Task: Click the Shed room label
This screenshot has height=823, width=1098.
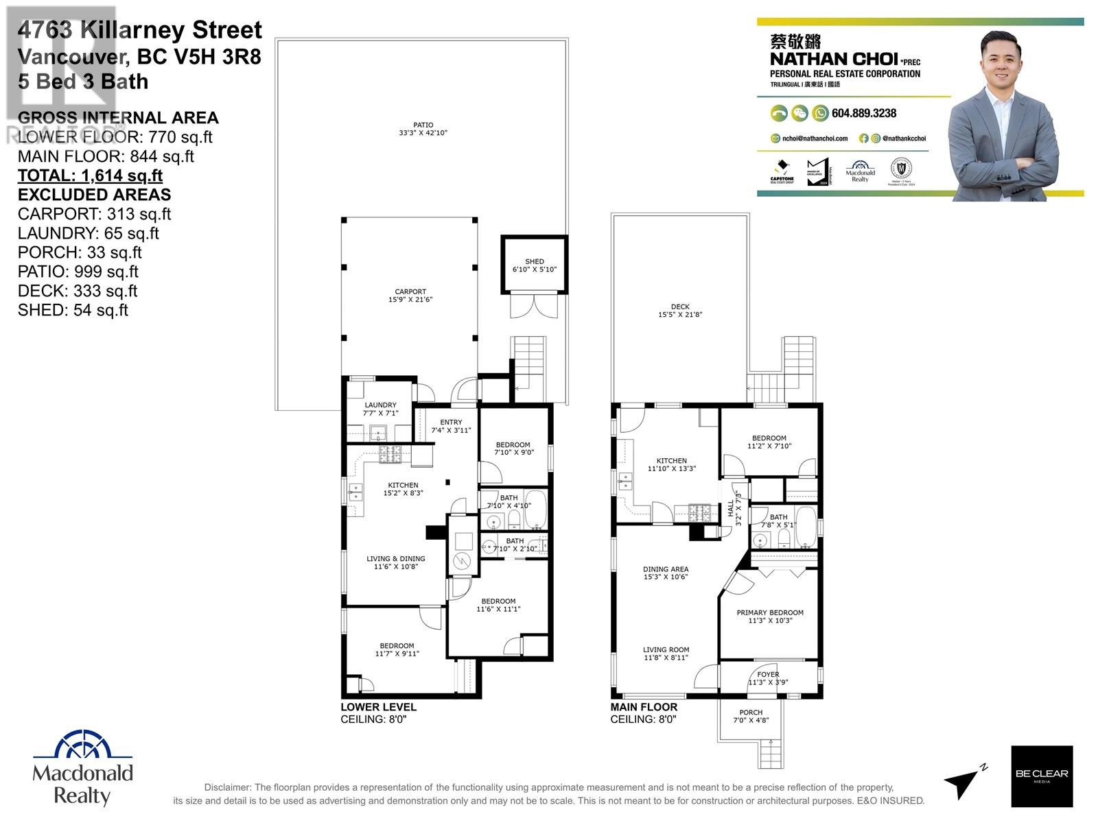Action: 534,261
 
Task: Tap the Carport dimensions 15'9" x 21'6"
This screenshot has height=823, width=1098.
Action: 410,300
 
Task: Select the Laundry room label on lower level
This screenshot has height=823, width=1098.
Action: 380,405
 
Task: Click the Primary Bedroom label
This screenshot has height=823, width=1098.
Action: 769,612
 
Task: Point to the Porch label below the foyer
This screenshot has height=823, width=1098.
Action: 751,712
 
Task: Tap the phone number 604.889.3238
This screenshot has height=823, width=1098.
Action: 863,113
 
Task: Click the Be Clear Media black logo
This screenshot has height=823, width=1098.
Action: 1041,775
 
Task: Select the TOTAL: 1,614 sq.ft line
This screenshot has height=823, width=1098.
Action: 90,176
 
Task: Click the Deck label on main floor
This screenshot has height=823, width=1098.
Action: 680,307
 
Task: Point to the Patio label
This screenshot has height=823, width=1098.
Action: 423,125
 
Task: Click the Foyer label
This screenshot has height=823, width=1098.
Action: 768,674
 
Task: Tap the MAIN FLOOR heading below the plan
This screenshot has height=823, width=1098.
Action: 644,707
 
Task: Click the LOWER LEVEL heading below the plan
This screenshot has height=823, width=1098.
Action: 378,707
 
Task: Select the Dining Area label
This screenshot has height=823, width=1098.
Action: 665,569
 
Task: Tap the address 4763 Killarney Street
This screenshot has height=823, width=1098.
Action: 140,30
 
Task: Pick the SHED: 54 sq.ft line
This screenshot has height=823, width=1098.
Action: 73,310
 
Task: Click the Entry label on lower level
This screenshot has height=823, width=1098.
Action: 451,422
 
